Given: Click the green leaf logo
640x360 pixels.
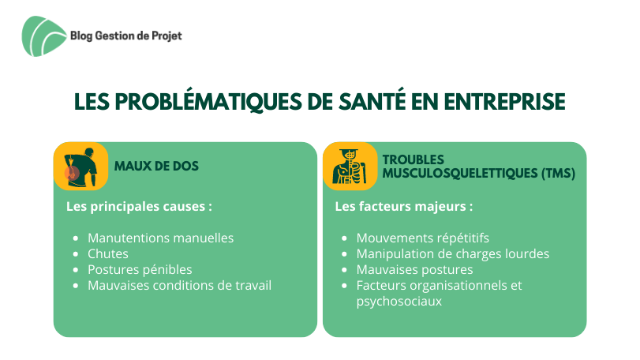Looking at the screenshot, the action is pyautogui.click(x=43, y=36).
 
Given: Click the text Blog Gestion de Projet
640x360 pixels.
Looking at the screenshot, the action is pyautogui.click(x=126, y=36).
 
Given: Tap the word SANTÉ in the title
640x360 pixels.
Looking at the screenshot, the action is pyautogui.click(x=372, y=101).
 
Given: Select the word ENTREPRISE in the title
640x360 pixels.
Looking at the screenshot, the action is pyautogui.click(x=504, y=102).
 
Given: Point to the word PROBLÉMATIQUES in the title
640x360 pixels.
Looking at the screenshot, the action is pyautogui.click(x=208, y=102).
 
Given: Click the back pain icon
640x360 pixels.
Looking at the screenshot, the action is pyautogui.click(x=80, y=166).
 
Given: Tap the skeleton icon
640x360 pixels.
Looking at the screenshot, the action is pyautogui.click(x=350, y=166).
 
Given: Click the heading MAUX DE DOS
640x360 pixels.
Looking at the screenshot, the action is pyautogui.click(x=156, y=166).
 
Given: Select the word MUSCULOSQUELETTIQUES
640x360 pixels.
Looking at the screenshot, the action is pyautogui.click(x=460, y=174).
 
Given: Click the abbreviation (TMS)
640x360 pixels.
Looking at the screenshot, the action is pyautogui.click(x=559, y=174).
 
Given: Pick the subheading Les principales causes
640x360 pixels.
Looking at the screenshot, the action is pyautogui.click(x=139, y=207).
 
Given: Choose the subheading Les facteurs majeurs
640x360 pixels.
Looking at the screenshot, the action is pyautogui.click(x=404, y=207).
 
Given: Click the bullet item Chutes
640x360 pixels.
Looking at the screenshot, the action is pyautogui.click(x=108, y=254).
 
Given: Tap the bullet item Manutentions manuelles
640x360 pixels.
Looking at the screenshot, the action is pyautogui.click(x=161, y=238).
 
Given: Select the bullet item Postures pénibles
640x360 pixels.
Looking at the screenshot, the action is pyautogui.click(x=140, y=270).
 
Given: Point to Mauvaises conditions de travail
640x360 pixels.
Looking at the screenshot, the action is pyautogui.click(x=180, y=285).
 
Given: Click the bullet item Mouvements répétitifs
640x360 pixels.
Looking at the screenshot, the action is pyautogui.click(x=423, y=238).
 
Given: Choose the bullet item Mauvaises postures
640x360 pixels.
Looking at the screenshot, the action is pyautogui.click(x=414, y=270).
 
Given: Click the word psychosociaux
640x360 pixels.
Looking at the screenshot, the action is pyautogui.click(x=399, y=302).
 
